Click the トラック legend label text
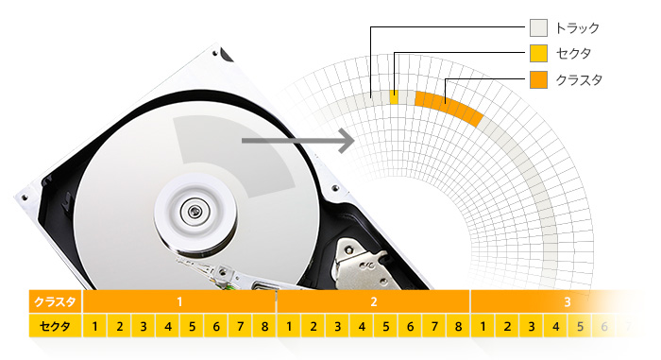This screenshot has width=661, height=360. (x=577, y=28)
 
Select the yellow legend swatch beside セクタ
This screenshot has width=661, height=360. (x=539, y=54)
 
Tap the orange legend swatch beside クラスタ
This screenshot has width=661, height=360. (x=539, y=79)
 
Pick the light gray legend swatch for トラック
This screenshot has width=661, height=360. (x=539, y=27)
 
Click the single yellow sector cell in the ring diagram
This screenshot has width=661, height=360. (x=394, y=97)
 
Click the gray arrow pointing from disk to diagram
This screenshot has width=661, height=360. (x=298, y=141)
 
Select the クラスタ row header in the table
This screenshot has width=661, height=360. (x=55, y=301)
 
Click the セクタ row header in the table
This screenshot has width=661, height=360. (x=55, y=326)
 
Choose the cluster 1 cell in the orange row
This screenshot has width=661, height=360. (x=179, y=301)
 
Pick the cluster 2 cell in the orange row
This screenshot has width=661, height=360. (x=374, y=301)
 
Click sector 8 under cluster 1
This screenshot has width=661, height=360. (x=264, y=326)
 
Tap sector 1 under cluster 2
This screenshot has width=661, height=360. (x=289, y=326)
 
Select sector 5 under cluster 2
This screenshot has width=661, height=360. (x=386, y=326)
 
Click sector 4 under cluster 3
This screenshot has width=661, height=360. (x=556, y=326)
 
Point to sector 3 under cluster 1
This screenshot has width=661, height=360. (x=144, y=326)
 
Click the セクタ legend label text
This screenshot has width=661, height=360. (x=573, y=54)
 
